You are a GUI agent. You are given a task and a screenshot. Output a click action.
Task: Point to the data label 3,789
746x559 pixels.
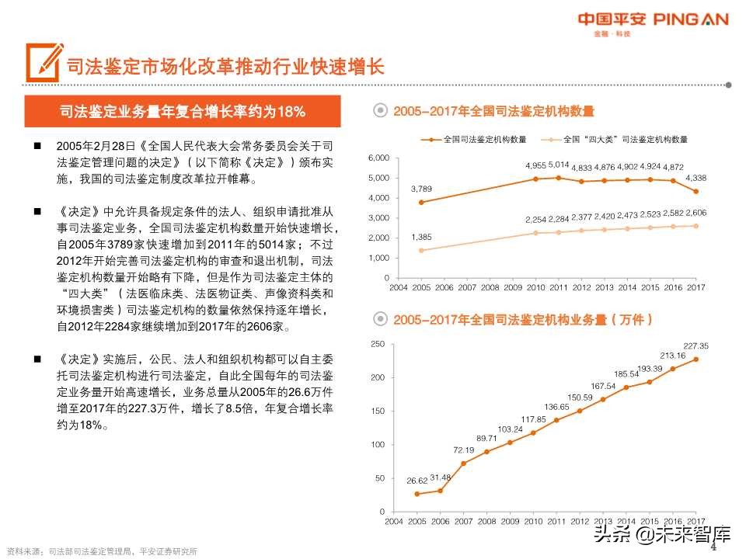[420, 189]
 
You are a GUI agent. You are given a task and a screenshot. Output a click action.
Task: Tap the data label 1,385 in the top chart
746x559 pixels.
[420, 237]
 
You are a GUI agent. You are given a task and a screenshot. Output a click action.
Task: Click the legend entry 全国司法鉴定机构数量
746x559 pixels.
[478, 140]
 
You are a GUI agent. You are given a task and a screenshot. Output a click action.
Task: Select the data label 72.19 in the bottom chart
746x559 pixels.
[464, 450]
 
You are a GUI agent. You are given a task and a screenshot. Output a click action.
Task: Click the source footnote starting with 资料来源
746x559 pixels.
[101, 552]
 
